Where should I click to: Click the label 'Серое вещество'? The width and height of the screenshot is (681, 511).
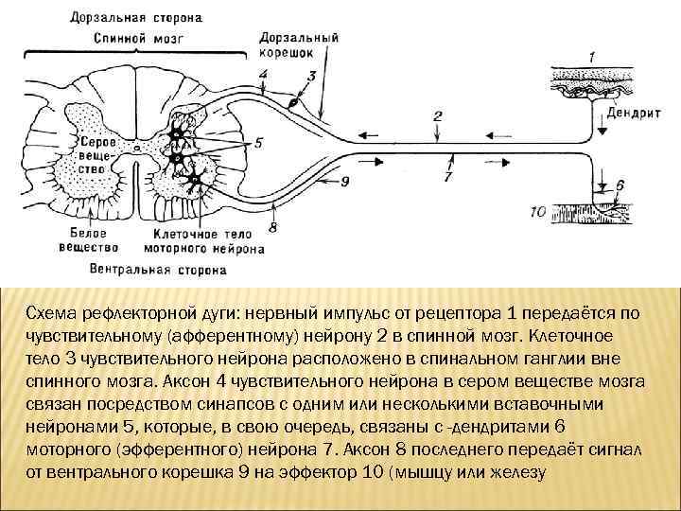[x=98, y=153]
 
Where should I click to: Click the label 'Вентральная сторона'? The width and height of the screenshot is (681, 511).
[x=159, y=270]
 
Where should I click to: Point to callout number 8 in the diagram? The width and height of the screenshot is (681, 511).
[x=272, y=226]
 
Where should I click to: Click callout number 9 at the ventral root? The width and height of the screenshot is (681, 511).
[x=344, y=181]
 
